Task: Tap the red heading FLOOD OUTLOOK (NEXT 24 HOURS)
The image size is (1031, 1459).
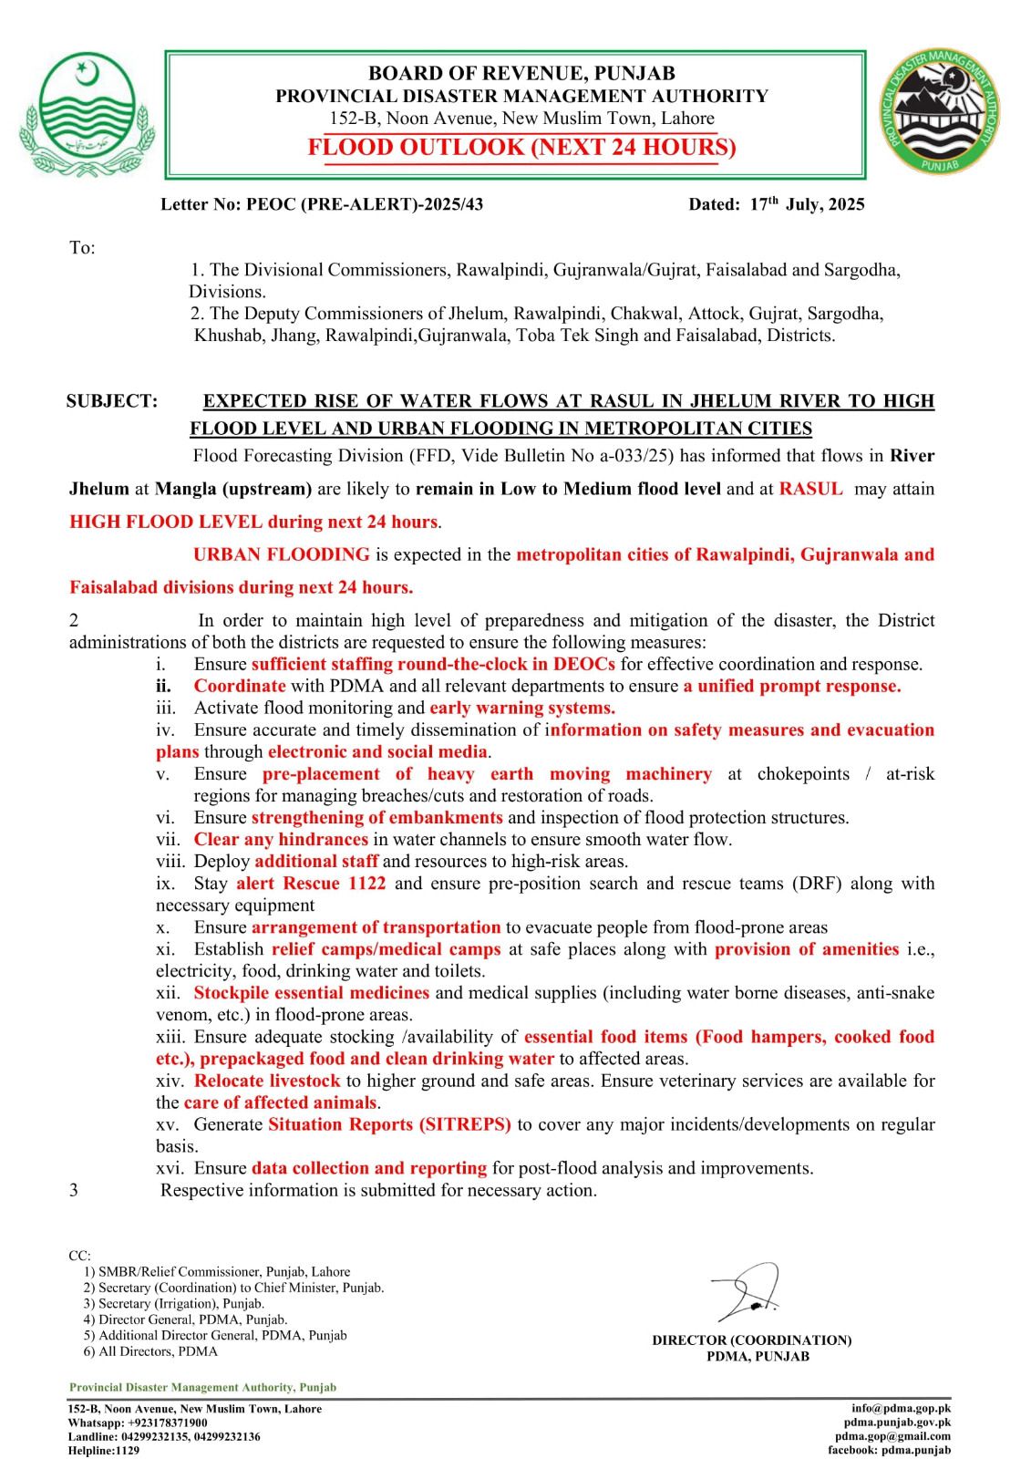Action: click(x=521, y=148)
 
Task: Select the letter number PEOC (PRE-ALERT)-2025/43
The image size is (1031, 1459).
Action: click(x=365, y=204)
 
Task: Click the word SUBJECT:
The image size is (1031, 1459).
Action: click(x=111, y=401)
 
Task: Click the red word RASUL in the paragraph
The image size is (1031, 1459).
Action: click(x=810, y=489)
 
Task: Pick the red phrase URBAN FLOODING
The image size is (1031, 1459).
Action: click(x=281, y=554)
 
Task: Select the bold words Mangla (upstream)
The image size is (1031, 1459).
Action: click(x=233, y=489)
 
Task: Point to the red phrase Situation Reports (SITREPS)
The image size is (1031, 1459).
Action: click(x=389, y=1124)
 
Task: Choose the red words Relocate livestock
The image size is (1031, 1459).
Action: click(x=266, y=1081)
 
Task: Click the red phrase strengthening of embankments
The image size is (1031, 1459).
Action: click(x=376, y=818)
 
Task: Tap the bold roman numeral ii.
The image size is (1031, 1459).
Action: click(x=163, y=687)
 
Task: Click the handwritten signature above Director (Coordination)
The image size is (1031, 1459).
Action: click(x=747, y=1292)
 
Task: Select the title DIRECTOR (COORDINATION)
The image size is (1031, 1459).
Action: click(x=751, y=1340)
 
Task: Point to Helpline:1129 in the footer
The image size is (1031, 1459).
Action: click(x=104, y=1450)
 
